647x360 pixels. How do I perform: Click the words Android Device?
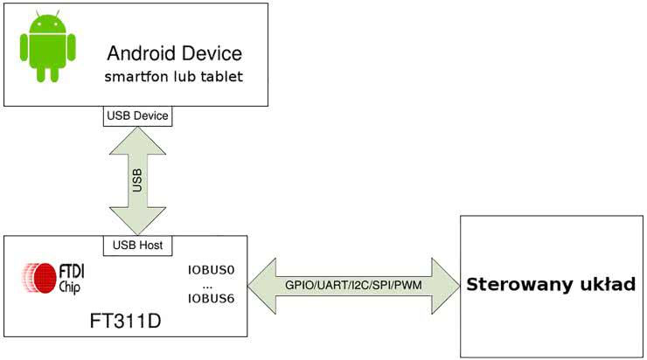point(174,52)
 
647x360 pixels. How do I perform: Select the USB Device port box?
point(137,115)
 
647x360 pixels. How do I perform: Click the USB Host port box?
point(137,245)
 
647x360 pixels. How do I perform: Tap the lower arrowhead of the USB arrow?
point(137,221)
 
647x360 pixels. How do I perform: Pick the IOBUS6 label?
point(212,299)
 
